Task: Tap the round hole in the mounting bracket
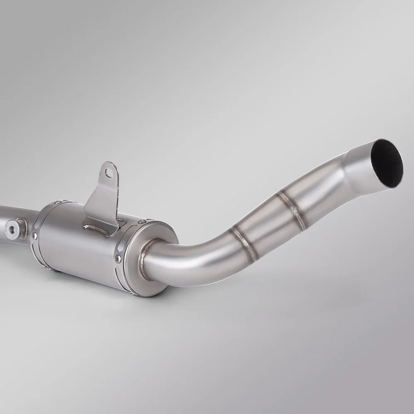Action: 109,173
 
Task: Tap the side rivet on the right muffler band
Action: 118,259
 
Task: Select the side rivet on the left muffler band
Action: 34,236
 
